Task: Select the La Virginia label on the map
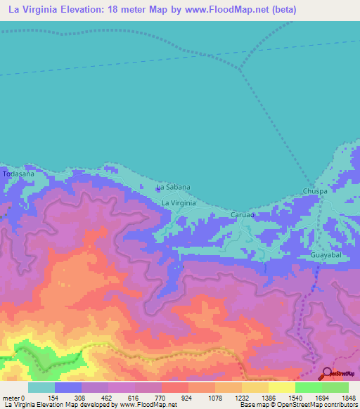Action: [179, 202]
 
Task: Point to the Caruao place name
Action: [242, 214]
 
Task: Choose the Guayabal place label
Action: [326, 255]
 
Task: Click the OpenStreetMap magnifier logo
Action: [328, 373]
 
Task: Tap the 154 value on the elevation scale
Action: [54, 397]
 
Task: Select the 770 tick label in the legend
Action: [162, 397]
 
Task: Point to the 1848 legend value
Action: [348, 397]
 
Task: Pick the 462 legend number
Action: [108, 397]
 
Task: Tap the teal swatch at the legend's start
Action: [41, 387]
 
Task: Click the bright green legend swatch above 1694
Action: [308, 387]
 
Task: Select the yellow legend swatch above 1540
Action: [281, 387]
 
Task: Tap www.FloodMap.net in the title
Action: [217, 10]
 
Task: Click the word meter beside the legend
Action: [12, 397]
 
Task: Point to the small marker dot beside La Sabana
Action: [156, 188]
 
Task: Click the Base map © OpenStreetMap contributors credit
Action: [295, 405]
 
